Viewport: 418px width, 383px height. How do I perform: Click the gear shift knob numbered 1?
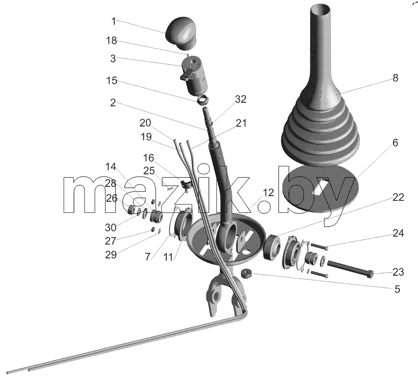pos(181,33)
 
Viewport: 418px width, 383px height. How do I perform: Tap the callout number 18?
pos(111,40)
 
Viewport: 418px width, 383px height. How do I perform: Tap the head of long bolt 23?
pos(370,274)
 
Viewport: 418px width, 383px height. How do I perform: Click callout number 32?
pos(240,99)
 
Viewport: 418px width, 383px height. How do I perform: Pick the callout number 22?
pos(398,198)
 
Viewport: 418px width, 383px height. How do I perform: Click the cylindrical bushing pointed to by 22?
pos(272,247)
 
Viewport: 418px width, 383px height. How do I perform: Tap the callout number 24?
pos(398,233)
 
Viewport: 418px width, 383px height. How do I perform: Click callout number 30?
pos(111,227)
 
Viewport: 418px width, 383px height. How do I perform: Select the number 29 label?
pos(111,255)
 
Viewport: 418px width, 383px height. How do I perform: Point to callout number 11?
pos(168,257)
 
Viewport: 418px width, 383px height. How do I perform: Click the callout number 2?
pos(113,103)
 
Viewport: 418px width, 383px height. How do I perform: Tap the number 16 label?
pos(149,158)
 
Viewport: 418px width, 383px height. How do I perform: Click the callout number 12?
pos(268,192)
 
